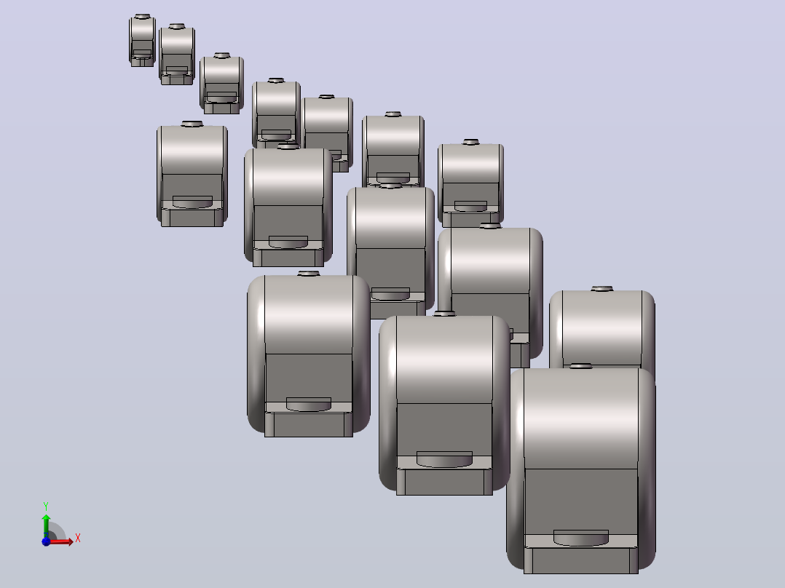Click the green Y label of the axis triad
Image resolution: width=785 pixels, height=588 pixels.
pyautogui.click(x=46, y=506)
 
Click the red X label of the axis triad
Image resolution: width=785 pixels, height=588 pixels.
pyautogui.click(x=78, y=539)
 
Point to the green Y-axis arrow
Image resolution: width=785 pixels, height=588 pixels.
pyautogui.click(x=46, y=525)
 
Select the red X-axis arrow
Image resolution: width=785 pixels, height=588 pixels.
pyautogui.click(x=60, y=541)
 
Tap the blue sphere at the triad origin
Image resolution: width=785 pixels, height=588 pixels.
pyautogui.click(x=46, y=541)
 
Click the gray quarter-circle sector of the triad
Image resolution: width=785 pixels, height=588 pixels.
pyautogui.click(x=56, y=532)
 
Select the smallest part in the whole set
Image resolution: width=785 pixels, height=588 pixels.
pyautogui.click(x=142, y=41)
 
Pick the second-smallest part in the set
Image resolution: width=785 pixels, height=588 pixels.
pyautogui.click(x=177, y=55)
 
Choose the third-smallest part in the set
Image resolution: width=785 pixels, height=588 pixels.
pyautogui.click(x=222, y=84)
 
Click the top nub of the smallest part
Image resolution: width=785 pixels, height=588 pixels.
pyautogui.click(x=143, y=17)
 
